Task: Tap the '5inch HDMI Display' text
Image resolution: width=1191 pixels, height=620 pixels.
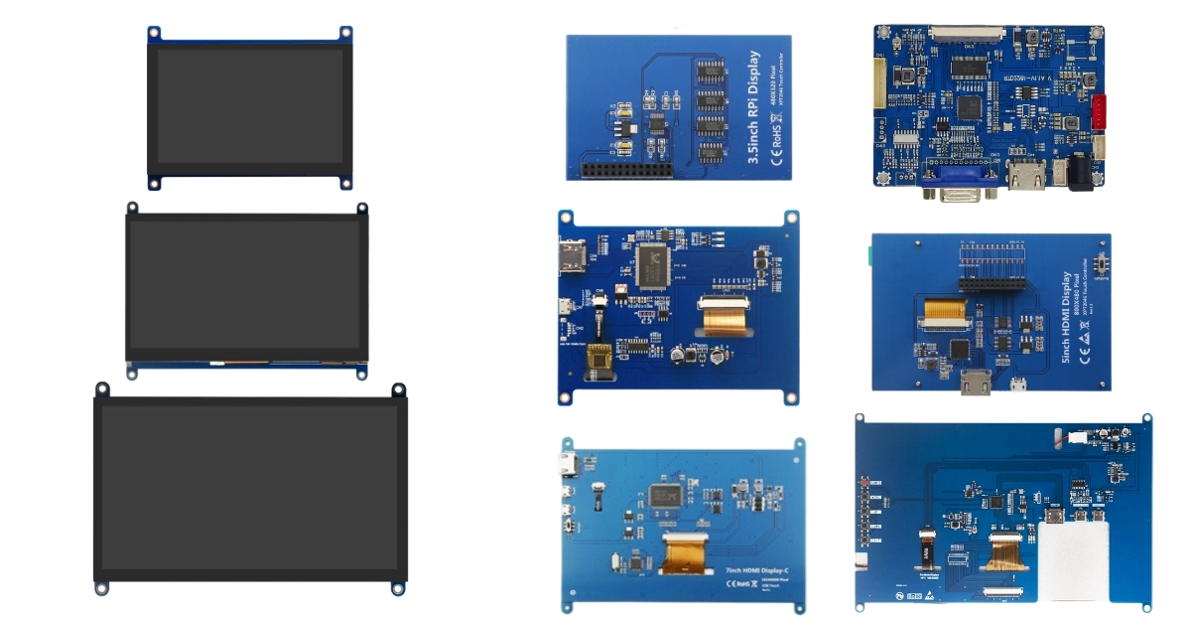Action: [1067, 316]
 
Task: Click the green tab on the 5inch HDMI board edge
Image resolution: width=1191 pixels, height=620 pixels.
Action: [868, 256]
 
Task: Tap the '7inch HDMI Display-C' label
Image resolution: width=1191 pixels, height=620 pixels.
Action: [757, 570]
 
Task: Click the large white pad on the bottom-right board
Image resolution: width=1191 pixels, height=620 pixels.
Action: [1073, 561]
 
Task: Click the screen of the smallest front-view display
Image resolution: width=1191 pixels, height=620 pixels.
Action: [249, 107]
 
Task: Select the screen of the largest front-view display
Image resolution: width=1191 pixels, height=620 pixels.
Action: [250, 489]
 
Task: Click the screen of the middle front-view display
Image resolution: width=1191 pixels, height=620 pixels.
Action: [246, 284]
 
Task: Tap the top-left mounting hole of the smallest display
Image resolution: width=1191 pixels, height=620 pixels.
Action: [154, 33]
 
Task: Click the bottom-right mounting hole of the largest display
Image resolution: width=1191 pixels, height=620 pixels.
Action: [398, 588]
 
